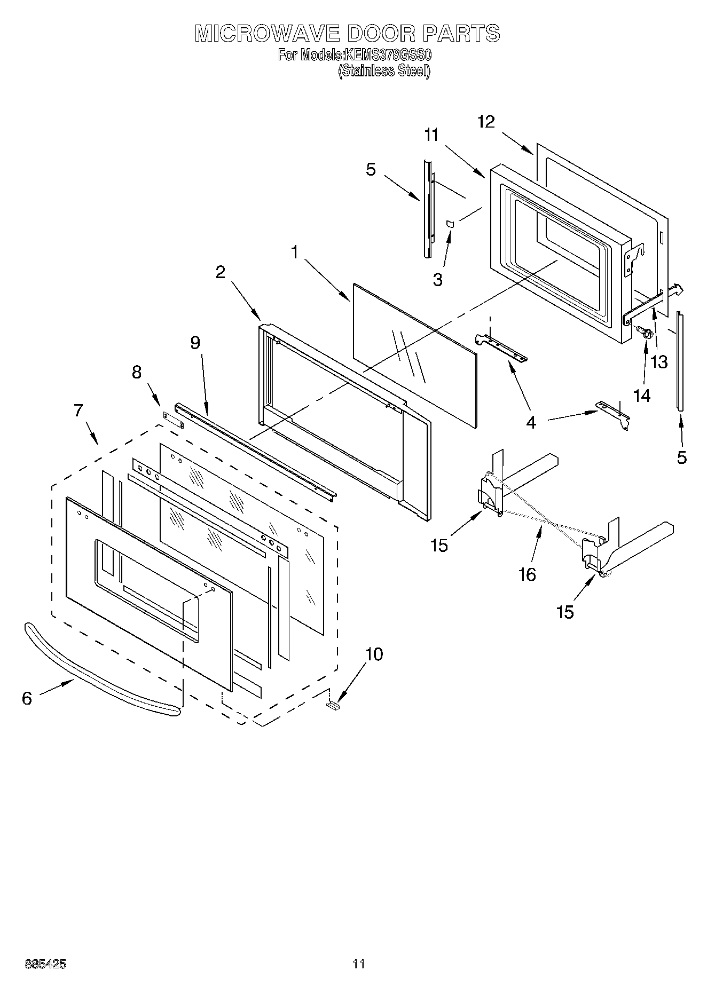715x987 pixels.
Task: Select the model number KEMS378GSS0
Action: click(388, 56)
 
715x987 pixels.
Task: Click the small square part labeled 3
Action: click(450, 223)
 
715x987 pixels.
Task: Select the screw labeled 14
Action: click(645, 334)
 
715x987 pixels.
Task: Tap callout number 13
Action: click(659, 362)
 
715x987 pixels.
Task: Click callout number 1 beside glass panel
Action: click(294, 252)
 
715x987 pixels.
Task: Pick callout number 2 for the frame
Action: click(221, 272)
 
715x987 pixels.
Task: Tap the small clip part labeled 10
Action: click(332, 706)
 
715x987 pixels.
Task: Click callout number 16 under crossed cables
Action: click(527, 574)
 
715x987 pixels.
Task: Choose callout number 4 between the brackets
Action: click(530, 422)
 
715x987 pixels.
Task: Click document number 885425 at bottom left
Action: click(45, 964)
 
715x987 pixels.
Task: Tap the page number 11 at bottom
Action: click(358, 964)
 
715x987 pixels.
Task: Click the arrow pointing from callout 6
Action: click(56, 688)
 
